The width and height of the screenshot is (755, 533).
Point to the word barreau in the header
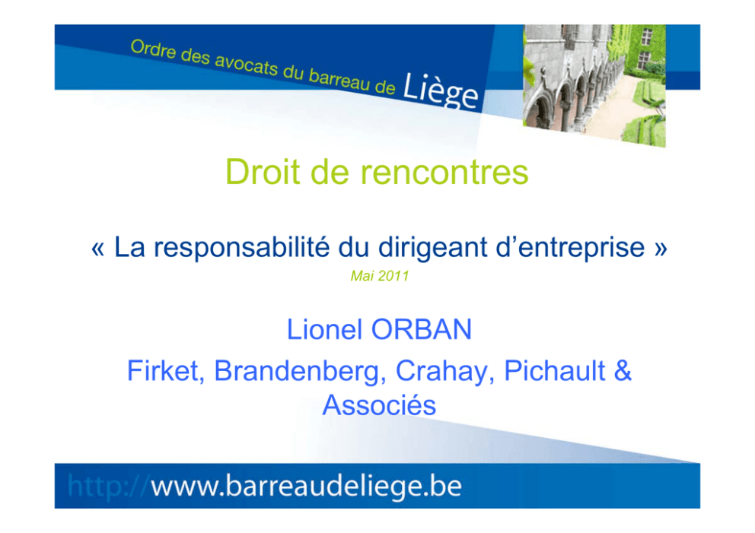tap(339, 80)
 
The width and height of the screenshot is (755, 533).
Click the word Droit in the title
tap(263, 171)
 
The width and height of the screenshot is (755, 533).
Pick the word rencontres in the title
tap(444, 173)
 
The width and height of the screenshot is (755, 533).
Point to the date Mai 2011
tap(380, 276)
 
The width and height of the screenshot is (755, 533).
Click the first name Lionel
tap(324, 329)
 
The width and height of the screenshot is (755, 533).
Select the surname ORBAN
tap(422, 329)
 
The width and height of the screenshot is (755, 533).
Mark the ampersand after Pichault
tap(623, 371)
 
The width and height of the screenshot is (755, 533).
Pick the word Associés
tap(380, 405)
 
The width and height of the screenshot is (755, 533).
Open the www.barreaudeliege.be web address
tap(307, 486)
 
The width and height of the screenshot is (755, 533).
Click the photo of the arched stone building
tap(594, 84)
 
